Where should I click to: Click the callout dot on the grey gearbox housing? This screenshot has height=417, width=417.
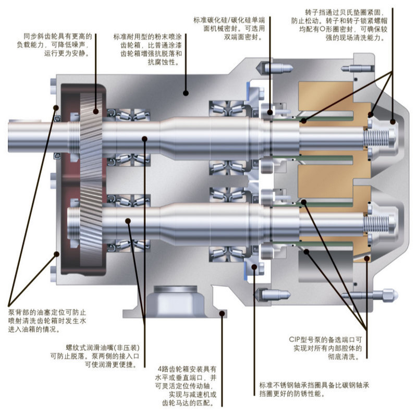pos(185,93)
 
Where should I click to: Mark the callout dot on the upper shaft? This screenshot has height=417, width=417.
pos(145,138)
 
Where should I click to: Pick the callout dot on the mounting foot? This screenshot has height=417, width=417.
pos(223,313)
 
